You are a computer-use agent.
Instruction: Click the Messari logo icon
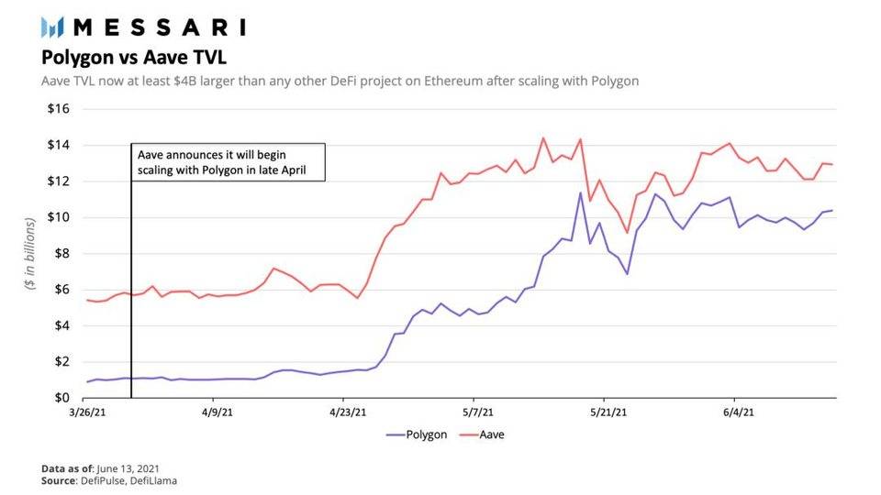[58, 27]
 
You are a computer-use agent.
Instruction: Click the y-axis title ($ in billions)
[31, 254]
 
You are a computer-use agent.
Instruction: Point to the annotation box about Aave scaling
[229, 161]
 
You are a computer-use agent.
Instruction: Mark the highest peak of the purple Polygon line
[580, 192]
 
